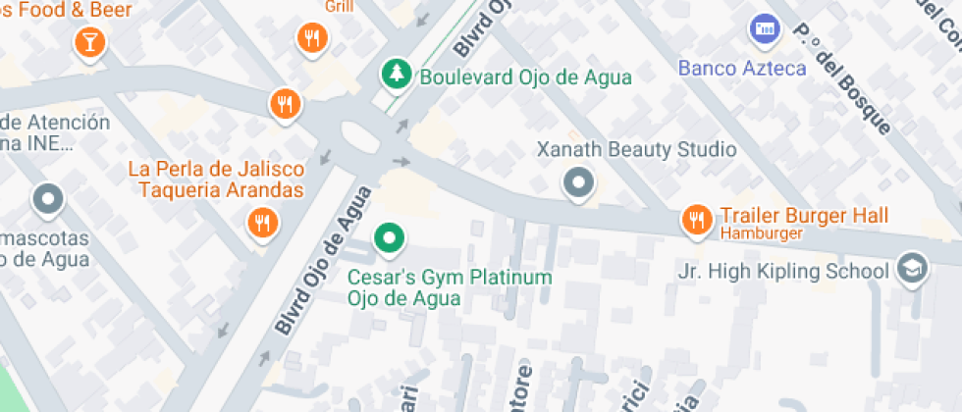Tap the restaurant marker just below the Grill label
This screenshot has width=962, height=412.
311,38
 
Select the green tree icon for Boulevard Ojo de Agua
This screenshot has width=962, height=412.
396,74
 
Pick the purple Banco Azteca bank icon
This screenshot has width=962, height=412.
763,28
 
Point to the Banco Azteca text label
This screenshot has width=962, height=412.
742,69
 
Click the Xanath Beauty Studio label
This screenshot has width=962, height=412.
635,150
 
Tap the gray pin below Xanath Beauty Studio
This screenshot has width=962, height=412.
578,182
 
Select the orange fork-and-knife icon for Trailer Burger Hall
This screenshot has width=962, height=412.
696,220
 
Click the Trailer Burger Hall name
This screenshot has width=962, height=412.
804,216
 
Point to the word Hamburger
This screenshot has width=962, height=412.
762,234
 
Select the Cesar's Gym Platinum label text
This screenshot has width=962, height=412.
450,287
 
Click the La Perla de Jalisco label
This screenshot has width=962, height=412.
216,168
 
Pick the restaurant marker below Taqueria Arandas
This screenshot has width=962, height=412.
261,223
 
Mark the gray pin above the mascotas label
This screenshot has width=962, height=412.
47,200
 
